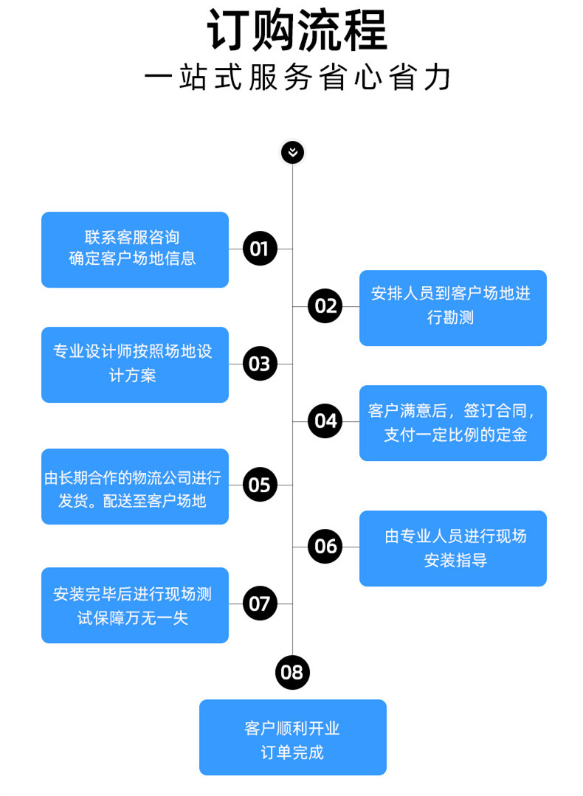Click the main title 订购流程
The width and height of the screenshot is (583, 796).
[x=297, y=31]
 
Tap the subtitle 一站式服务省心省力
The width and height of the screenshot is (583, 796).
[x=297, y=78]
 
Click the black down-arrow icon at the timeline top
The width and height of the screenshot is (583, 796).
[x=292, y=152]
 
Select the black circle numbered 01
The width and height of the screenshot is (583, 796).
[x=260, y=249]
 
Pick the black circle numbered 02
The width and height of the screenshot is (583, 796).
[x=325, y=306]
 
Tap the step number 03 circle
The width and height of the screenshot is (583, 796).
[x=260, y=364]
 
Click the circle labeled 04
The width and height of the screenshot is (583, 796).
[x=325, y=421]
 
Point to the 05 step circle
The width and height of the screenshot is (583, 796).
[x=260, y=485]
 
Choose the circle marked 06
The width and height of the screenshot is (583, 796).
[x=325, y=546]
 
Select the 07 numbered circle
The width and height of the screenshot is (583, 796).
[x=260, y=603]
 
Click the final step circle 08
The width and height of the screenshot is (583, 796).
[x=292, y=672]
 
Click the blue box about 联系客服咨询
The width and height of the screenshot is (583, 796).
[x=135, y=250]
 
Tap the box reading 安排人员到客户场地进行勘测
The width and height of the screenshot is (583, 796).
[x=453, y=308]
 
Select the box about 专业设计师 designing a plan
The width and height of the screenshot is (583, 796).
[x=135, y=365]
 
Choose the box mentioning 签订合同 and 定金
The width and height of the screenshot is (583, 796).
[x=453, y=423]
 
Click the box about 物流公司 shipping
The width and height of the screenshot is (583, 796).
[x=135, y=486]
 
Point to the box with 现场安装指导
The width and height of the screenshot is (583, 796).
[x=453, y=548]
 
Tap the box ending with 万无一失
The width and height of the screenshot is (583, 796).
[x=135, y=605]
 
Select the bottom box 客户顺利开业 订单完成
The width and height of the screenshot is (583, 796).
[x=293, y=737]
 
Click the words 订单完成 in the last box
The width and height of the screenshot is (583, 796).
[x=292, y=752]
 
